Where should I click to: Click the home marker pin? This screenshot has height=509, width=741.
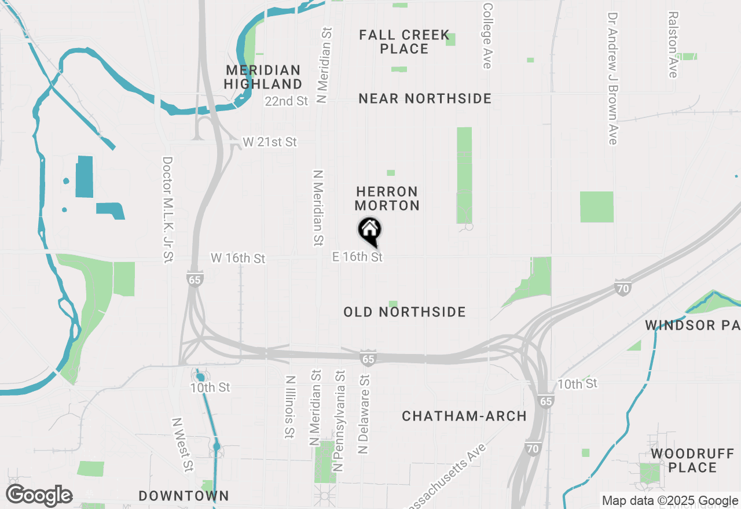coord(370,230)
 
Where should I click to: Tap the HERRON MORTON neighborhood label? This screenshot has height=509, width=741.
coord(387,198)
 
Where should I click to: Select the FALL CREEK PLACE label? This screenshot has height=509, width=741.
coord(404,42)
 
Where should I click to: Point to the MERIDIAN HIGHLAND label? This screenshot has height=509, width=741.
coord(263,77)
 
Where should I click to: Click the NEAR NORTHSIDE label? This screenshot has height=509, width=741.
coord(425,99)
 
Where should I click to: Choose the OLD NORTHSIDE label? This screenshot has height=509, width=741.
coord(405,312)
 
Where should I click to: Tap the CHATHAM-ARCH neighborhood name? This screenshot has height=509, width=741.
coord(464,416)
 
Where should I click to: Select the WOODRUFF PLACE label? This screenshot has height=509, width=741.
coord(692,460)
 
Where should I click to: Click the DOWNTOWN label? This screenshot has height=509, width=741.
coord(184,496)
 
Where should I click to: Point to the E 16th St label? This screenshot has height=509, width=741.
coord(358,256)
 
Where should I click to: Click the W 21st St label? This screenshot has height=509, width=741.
coord(269,142)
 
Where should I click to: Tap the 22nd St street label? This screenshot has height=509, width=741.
coord(287,101)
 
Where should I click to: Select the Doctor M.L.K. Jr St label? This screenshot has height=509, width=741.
coord(168,210)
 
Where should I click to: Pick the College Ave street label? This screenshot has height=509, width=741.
coord(487,36)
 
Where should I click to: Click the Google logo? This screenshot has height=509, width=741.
coord(39,496)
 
